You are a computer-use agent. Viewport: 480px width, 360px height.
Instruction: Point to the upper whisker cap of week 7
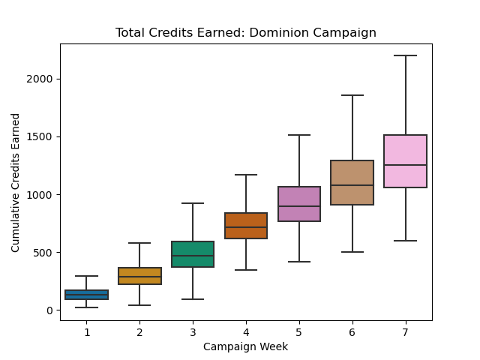click(x=405, y=55)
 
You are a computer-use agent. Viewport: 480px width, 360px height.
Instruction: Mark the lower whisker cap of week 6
click(x=352, y=252)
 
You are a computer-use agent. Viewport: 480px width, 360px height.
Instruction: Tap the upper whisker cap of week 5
click(x=299, y=135)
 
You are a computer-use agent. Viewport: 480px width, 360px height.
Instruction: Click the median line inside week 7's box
click(x=405, y=165)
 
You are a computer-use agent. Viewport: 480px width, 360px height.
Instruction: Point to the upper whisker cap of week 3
click(x=193, y=203)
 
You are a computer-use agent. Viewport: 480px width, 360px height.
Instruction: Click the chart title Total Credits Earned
click(x=246, y=33)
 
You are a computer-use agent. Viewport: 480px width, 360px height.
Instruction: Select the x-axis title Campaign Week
click(x=246, y=346)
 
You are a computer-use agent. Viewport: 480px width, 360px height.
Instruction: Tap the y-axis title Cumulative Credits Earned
click(x=16, y=182)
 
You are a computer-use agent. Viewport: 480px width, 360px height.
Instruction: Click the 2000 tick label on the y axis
click(x=42, y=79)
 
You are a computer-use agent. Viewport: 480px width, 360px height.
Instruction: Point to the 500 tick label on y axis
click(x=45, y=253)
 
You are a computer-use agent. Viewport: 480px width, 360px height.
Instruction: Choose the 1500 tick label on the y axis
click(x=42, y=136)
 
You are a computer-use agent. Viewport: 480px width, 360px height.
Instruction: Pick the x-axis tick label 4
click(x=246, y=331)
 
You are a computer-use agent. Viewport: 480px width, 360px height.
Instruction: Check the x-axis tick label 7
click(x=405, y=331)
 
